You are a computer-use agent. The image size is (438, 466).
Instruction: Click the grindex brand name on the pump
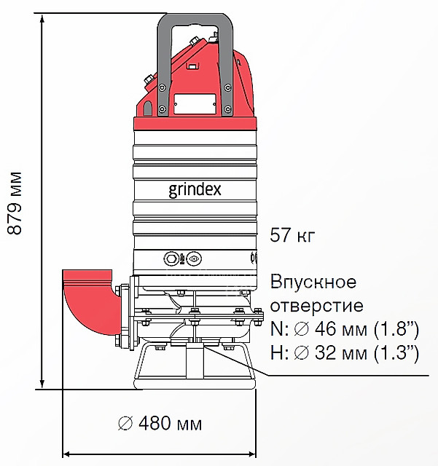195,189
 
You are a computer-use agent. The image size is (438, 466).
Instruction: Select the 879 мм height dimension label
15,203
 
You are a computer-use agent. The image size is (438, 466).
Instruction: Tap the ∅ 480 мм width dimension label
160,423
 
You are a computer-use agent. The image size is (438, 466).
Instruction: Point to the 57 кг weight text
292,234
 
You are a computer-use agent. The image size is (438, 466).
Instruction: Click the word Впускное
313,282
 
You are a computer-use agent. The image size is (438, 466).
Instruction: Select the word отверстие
317,305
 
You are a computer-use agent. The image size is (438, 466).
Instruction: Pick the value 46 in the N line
325,328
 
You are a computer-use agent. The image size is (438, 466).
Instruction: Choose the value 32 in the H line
325,352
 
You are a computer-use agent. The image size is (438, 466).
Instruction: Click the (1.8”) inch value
396,329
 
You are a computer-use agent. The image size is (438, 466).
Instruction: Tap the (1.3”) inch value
396,353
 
